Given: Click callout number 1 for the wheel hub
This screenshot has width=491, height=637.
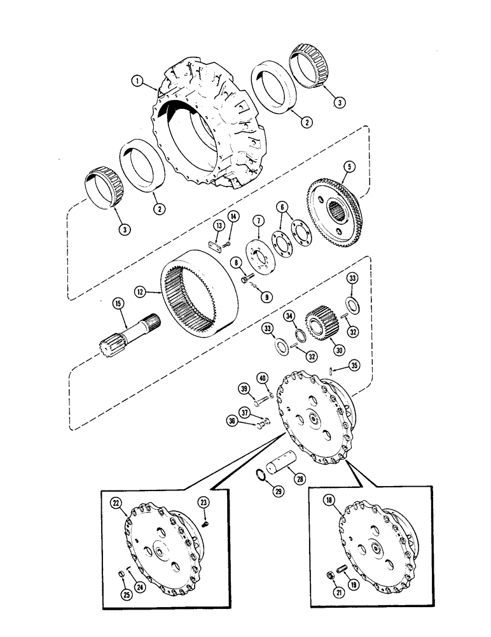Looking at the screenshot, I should pyautogui.click(x=135, y=80).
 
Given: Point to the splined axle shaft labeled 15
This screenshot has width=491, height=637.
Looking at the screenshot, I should pyautogui.click(x=130, y=334).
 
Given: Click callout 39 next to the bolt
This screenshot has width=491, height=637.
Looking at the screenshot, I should pyautogui.click(x=244, y=389).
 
